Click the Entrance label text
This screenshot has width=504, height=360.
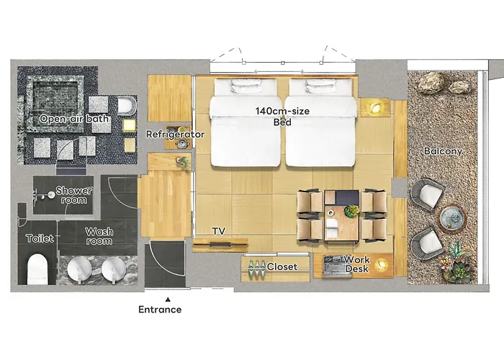click(x=160, y=310)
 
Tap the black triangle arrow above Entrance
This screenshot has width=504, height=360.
click(x=168, y=300)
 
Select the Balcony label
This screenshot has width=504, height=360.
click(x=443, y=151)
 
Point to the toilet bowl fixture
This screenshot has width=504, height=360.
click(x=37, y=269)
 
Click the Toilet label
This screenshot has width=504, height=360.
click(x=40, y=238)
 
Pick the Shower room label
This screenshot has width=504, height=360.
click(x=74, y=195)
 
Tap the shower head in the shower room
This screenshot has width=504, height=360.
click(x=51, y=194)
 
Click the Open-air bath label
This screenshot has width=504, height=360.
click(x=74, y=119)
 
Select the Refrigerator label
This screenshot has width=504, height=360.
click(x=175, y=135)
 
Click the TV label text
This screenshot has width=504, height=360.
click(x=219, y=231)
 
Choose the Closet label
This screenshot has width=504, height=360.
click(x=282, y=267)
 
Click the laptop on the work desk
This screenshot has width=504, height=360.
click(x=333, y=266)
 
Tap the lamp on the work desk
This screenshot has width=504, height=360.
click(x=382, y=265)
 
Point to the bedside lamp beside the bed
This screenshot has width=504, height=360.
click(x=374, y=107)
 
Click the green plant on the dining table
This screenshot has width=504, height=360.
click(x=351, y=211)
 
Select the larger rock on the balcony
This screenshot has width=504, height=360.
click(x=431, y=82)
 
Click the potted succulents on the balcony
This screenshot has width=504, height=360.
click(x=457, y=264)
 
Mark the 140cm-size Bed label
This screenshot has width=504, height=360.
click(x=282, y=117)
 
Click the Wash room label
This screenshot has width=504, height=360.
click(x=99, y=236)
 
